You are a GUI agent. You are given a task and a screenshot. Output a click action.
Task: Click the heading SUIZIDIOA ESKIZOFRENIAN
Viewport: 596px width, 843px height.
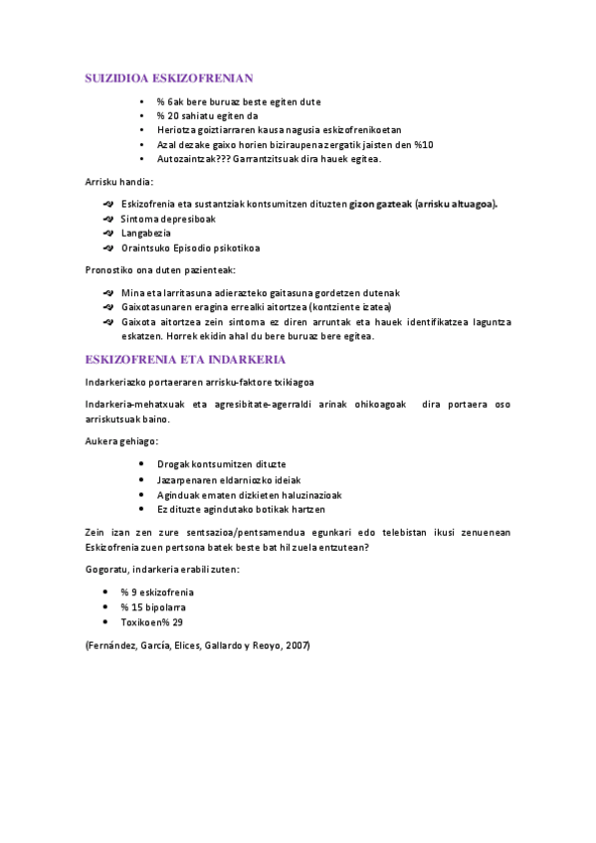click(x=170, y=77)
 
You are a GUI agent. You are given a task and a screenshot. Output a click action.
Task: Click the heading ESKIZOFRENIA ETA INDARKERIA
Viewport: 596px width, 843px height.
click(x=186, y=359)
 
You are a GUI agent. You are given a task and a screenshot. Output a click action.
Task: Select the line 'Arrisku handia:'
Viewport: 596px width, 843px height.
click(x=119, y=182)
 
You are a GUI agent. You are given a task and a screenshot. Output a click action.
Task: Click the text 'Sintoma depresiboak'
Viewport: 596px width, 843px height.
click(x=168, y=219)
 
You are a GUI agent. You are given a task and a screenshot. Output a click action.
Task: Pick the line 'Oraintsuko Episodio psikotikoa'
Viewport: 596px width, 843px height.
click(x=190, y=249)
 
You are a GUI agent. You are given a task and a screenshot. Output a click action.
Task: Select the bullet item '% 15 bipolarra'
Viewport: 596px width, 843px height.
click(x=153, y=606)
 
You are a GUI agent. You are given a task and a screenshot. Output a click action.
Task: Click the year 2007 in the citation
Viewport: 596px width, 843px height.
click(x=296, y=645)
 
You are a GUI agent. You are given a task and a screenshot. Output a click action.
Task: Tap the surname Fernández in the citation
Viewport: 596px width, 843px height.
click(x=114, y=645)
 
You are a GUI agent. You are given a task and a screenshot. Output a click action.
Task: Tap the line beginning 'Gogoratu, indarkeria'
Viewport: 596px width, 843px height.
click(x=163, y=569)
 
